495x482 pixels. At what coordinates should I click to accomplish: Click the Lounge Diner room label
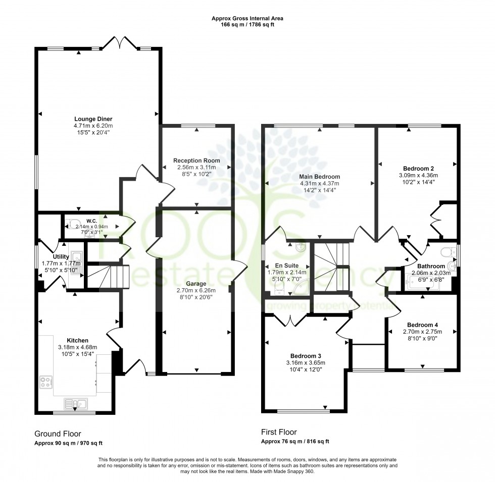93,119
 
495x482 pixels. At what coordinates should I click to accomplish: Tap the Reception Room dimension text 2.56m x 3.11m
196,167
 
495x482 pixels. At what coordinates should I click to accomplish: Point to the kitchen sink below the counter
76,403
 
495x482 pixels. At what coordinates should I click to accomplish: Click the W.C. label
91,221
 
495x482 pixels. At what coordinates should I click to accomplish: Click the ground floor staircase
114,277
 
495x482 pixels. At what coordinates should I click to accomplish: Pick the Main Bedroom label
320,177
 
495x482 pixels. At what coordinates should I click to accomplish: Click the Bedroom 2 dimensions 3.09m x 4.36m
417,175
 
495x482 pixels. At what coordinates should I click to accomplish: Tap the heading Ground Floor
57,434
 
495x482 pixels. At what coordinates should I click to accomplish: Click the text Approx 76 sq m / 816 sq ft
295,441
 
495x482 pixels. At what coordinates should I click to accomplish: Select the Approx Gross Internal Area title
247,18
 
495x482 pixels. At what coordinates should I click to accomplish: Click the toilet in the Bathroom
446,251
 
